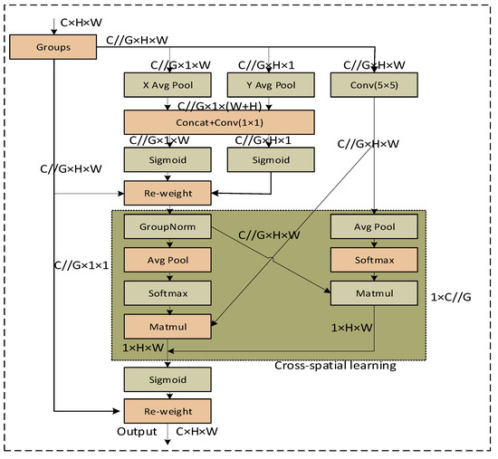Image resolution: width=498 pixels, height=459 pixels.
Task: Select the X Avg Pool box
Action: (x=168, y=86)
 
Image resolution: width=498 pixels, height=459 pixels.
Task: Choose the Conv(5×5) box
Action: (x=373, y=86)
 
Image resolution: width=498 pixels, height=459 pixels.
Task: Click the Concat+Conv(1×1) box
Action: (x=219, y=122)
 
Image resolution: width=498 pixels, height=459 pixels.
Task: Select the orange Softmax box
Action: (x=373, y=259)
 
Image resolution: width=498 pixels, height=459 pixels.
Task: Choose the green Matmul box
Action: (x=373, y=294)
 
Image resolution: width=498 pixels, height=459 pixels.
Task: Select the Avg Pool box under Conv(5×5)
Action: (x=373, y=225)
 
